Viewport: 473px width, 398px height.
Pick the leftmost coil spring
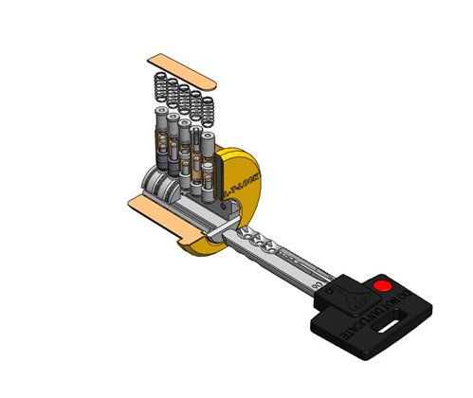[x=159, y=93]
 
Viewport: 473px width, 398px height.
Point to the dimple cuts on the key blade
[x=256, y=244]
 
